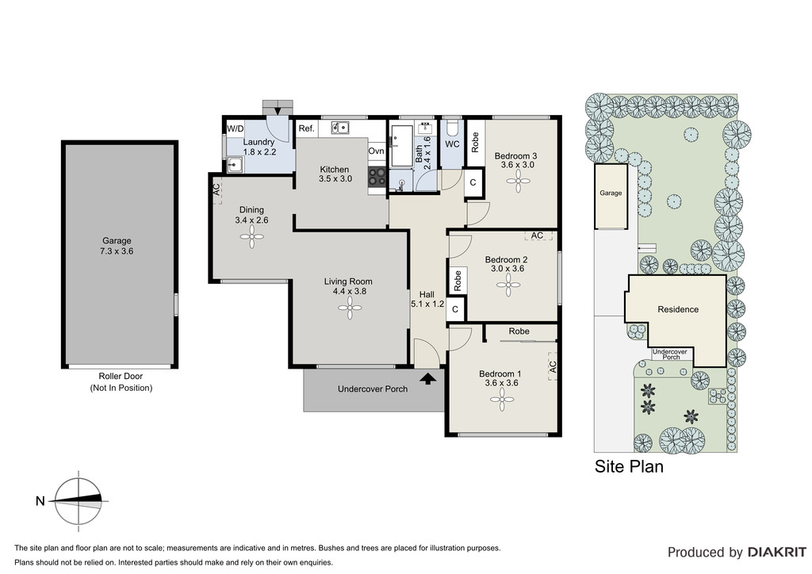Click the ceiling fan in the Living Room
pos(350,309)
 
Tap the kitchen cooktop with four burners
pos(377,177)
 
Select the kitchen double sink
pos(340,127)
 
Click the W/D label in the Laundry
pos(235,128)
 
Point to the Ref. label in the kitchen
pos(307,128)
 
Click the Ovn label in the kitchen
pos(376,151)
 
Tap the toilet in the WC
pos(452,128)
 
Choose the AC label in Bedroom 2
pos(537,235)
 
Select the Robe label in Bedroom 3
pos(475,143)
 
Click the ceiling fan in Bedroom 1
pos(502,399)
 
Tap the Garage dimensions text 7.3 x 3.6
pos(117,251)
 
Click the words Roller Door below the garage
pos(121,377)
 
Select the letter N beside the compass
pos(40,500)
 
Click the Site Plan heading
pos(629,466)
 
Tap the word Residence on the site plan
pos(678,309)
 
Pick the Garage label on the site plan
pos(611,193)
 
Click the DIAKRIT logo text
pos(777,553)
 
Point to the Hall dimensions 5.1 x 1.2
pos(427,304)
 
